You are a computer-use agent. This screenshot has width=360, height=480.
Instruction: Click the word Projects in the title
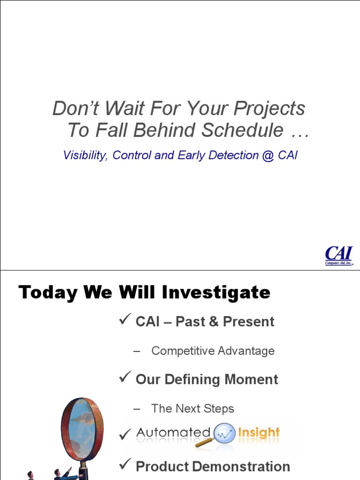pyautogui.click(x=269, y=109)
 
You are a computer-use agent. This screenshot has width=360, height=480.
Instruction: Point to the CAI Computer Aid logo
pyautogui.click(x=339, y=255)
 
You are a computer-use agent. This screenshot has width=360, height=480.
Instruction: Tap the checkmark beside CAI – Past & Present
pyautogui.click(x=125, y=321)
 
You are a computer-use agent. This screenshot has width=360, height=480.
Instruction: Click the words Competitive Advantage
pyautogui.click(x=213, y=351)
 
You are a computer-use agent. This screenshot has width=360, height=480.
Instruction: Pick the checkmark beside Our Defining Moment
pyautogui.click(x=125, y=378)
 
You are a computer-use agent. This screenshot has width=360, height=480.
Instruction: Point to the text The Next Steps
pyautogui.click(x=193, y=409)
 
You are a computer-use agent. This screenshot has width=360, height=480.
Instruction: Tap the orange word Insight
pyautogui.click(x=258, y=433)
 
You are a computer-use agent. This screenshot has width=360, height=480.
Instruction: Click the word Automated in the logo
pyautogui.click(x=173, y=433)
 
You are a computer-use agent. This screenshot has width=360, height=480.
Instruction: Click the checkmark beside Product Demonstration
pyautogui.click(x=125, y=465)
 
